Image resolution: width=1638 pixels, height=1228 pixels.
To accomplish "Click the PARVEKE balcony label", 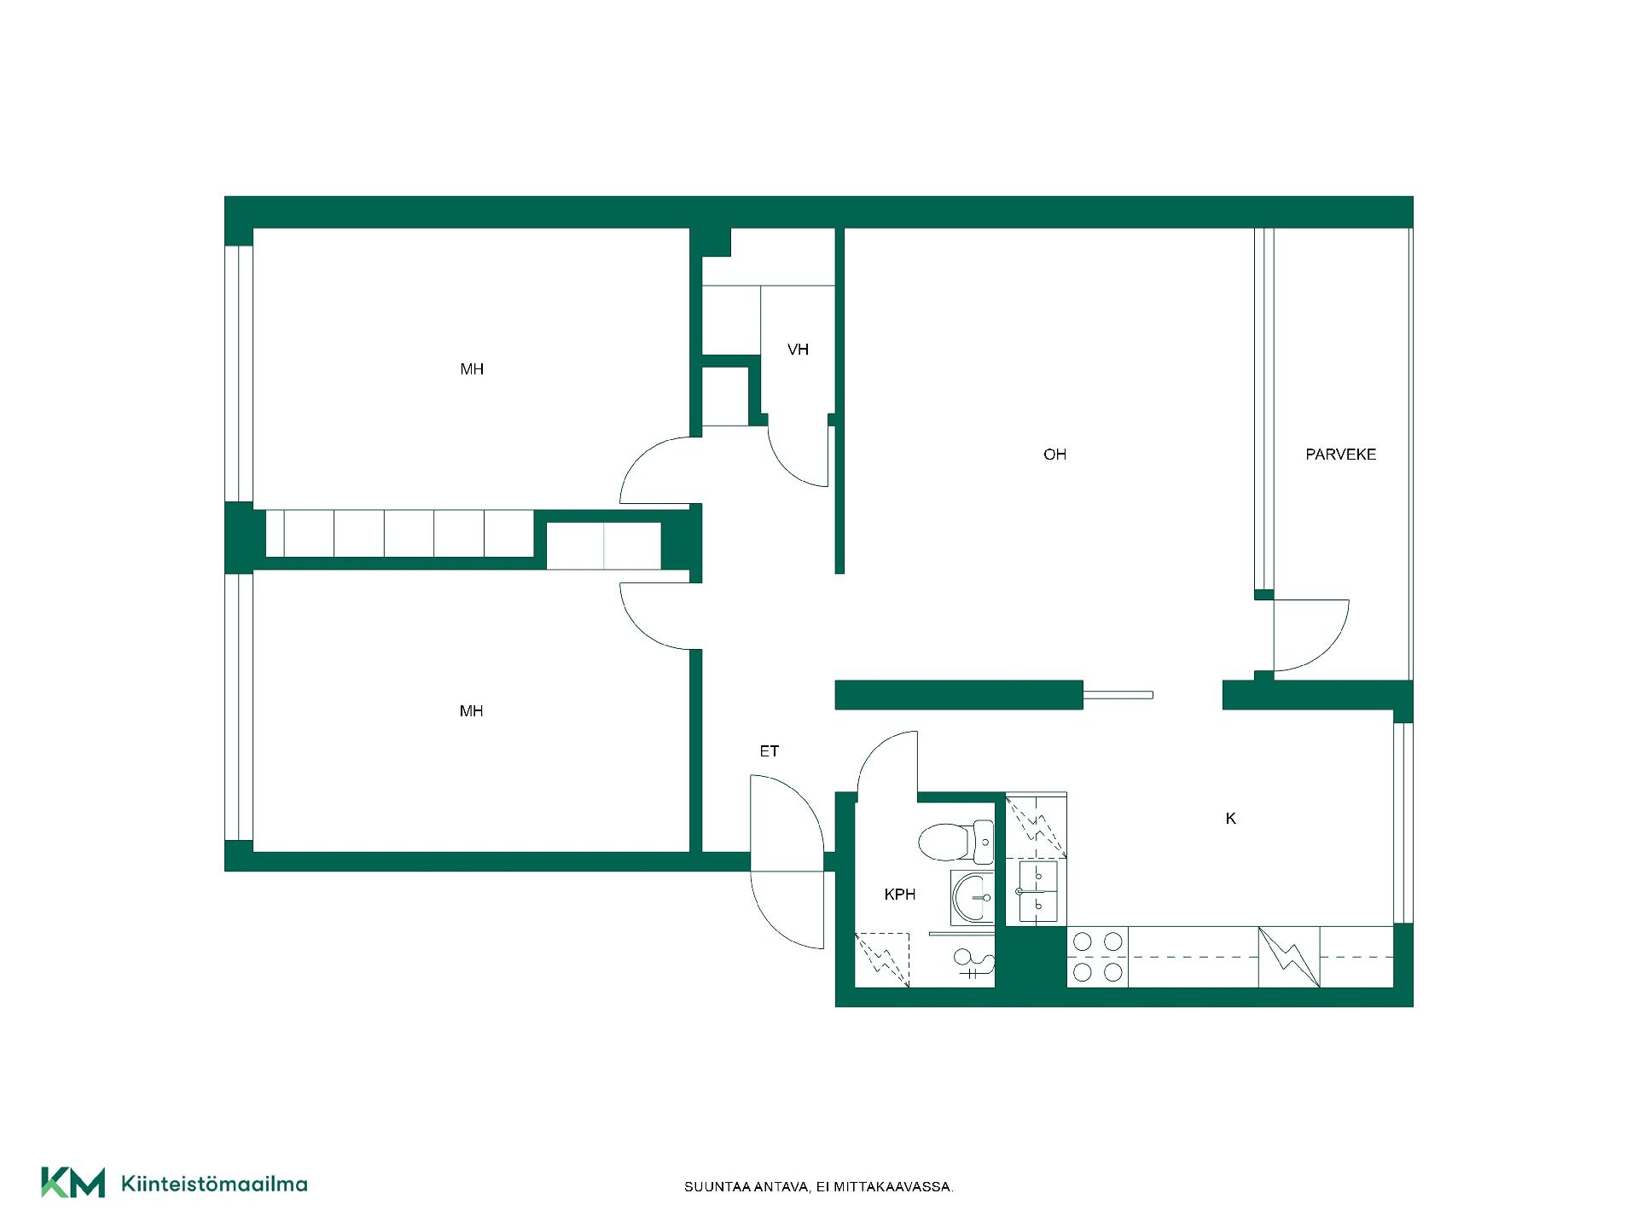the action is tap(1340, 455).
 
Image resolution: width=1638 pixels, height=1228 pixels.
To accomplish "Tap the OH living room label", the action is tap(1054, 455).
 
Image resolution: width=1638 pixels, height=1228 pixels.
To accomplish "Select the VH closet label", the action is tap(798, 350).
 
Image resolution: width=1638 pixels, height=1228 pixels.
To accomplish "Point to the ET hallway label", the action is tap(769, 751).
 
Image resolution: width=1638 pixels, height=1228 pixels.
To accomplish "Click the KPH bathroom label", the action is tap(899, 895).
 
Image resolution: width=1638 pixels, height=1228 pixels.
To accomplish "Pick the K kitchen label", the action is tap(1230, 819).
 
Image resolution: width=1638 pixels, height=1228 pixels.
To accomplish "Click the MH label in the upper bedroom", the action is tap(472, 369).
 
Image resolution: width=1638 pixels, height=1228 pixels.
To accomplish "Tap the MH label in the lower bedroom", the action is tap(471, 711).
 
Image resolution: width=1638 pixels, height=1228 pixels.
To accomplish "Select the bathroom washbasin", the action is tap(972, 897).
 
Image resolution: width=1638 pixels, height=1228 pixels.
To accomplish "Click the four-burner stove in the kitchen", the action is tap(1097, 957).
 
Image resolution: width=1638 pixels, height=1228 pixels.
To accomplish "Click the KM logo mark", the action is tap(73, 1182).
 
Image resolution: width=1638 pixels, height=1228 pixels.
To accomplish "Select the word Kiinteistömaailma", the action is tap(215, 1184).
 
